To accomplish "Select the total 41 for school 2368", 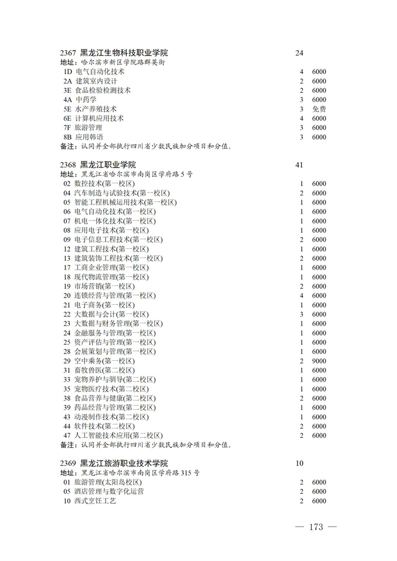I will coord(300,165).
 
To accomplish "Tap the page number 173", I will coord(316,527).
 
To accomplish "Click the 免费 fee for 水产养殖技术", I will coord(319,109).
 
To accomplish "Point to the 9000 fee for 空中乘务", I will coord(319,361).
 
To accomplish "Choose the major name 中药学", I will coord(86,100).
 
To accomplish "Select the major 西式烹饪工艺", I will coord(95,501).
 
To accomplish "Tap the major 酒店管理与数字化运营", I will coord(109,492).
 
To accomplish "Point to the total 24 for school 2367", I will coord(300,54).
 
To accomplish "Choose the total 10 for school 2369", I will coord(300,464).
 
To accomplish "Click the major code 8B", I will coord(68,137).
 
